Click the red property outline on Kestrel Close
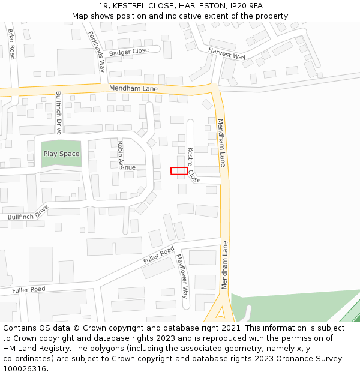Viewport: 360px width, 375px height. (x=179, y=171)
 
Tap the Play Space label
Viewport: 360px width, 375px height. (x=61, y=154)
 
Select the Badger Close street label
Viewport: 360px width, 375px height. (x=129, y=52)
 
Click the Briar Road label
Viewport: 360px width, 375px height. (x=11, y=43)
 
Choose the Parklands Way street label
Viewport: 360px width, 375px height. (x=97, y=51)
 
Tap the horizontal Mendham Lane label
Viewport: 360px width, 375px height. (x=133, y=88)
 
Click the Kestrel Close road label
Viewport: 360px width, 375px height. (x=193, y=165)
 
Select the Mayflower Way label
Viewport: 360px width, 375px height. (x=182, y=276)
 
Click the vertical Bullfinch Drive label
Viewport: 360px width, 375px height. (x=59, y=112)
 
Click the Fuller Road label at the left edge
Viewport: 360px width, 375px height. (x=28, y=290)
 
